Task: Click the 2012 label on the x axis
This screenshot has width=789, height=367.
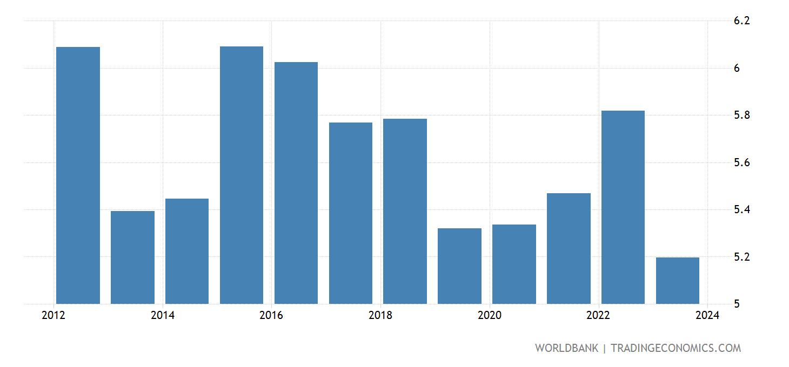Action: point(54,316)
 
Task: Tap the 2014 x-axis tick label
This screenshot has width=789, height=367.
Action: point(163,316)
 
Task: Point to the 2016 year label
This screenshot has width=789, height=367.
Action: point(271,316)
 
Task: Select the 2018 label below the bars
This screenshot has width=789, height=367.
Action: point(380,316)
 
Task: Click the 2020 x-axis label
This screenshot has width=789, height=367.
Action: point(490,316)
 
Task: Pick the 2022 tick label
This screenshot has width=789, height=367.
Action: point(598,316)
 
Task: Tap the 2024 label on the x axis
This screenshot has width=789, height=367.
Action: point(707,316)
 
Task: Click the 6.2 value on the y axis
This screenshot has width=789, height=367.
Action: point(741,21)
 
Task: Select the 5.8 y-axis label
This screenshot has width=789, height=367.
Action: point(741,115)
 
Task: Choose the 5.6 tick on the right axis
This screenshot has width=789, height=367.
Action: point(741,162)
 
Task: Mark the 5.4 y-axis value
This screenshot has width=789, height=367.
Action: point(741,209)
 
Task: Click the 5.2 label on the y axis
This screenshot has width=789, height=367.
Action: point(741,257)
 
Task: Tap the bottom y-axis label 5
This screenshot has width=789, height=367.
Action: point(737,304)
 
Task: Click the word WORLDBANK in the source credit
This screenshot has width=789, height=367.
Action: point(566,348)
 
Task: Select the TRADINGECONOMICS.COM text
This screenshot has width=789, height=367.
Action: point(676,348)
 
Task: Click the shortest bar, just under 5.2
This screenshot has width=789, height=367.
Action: point(678,281)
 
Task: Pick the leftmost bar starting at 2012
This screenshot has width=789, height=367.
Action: point(78,175)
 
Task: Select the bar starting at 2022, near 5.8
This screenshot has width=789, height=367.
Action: point(623,207)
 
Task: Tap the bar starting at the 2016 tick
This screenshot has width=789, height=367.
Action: point(296,183)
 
